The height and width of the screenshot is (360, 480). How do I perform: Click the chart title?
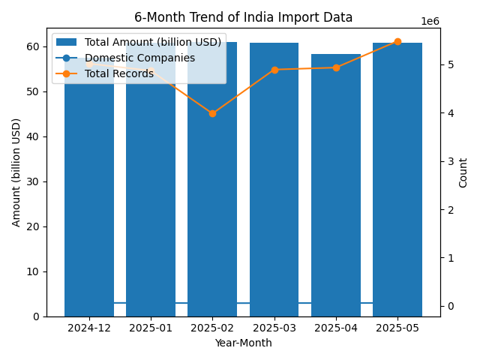[243, 17]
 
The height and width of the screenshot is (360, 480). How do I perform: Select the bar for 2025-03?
[274, 180]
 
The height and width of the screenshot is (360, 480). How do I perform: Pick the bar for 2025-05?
[397, 180]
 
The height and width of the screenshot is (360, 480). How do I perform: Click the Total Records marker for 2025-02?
[212, 113]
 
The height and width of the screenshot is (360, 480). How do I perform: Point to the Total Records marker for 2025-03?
[274, 70]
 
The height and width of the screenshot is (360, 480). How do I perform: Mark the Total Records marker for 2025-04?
[336, 67]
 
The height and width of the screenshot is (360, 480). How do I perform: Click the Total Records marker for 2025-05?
[397, 42]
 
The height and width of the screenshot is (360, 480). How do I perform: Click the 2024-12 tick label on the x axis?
[89, 328]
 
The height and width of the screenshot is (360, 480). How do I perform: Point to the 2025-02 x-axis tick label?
[212, 328]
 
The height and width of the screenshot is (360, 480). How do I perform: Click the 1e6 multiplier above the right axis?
[430, 22]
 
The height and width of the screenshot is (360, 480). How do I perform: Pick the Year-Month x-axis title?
[243, 343]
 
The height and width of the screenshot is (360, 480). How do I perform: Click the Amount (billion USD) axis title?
[16, 172]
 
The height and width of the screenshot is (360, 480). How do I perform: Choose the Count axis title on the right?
[463, 172]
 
